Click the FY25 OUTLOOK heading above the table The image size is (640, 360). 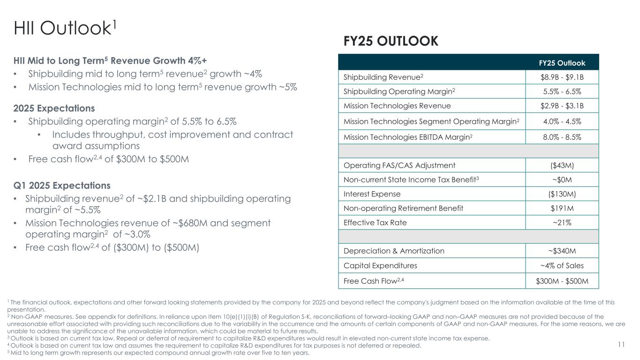coord(391,41)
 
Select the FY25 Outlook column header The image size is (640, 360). coord(568,63)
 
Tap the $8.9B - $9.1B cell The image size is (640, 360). coord(562,77)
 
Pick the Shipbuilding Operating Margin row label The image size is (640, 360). coord(399,92)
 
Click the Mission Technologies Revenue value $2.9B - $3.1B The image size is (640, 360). coord(562,106)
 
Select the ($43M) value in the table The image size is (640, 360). coord(562,165)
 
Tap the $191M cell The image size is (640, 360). coord(562,208)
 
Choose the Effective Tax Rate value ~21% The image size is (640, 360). coord(562,223)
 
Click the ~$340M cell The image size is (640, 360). coord(562,251)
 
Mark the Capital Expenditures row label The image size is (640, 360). coord(380,266)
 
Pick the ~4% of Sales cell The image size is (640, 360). coord(562,266)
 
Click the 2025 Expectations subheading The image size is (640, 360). coord(54,108)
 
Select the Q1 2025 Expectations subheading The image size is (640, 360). coord(62,185)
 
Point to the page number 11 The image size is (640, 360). coord(621,345)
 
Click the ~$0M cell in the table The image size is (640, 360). coord(562,180)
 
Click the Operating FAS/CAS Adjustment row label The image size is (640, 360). coord(399,165)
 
